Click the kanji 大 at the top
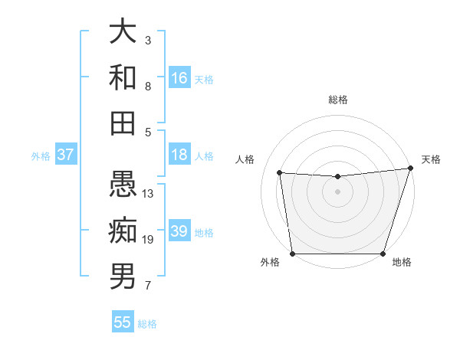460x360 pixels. pos(123,31)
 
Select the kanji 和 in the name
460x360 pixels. pos(123,77)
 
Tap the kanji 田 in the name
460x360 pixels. pos(123,123)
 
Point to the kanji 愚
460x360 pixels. pos(123,185)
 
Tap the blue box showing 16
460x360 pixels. pos(179,78)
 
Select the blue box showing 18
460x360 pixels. pos(179,155)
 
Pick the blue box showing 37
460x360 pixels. pos(66,155)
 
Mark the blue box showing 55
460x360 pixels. pos(123,322)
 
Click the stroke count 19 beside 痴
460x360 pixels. pos(149,240)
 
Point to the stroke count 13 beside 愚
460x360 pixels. pos(149,194)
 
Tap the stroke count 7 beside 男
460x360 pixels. pos(148,286)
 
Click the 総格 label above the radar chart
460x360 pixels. pos(338,100)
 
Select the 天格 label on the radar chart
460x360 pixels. pos(431,159)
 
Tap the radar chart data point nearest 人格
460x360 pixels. pos(280,173)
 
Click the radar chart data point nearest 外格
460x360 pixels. pos(292,254)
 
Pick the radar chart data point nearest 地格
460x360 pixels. pos(383,254)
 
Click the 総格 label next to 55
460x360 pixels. pos(147,324)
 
